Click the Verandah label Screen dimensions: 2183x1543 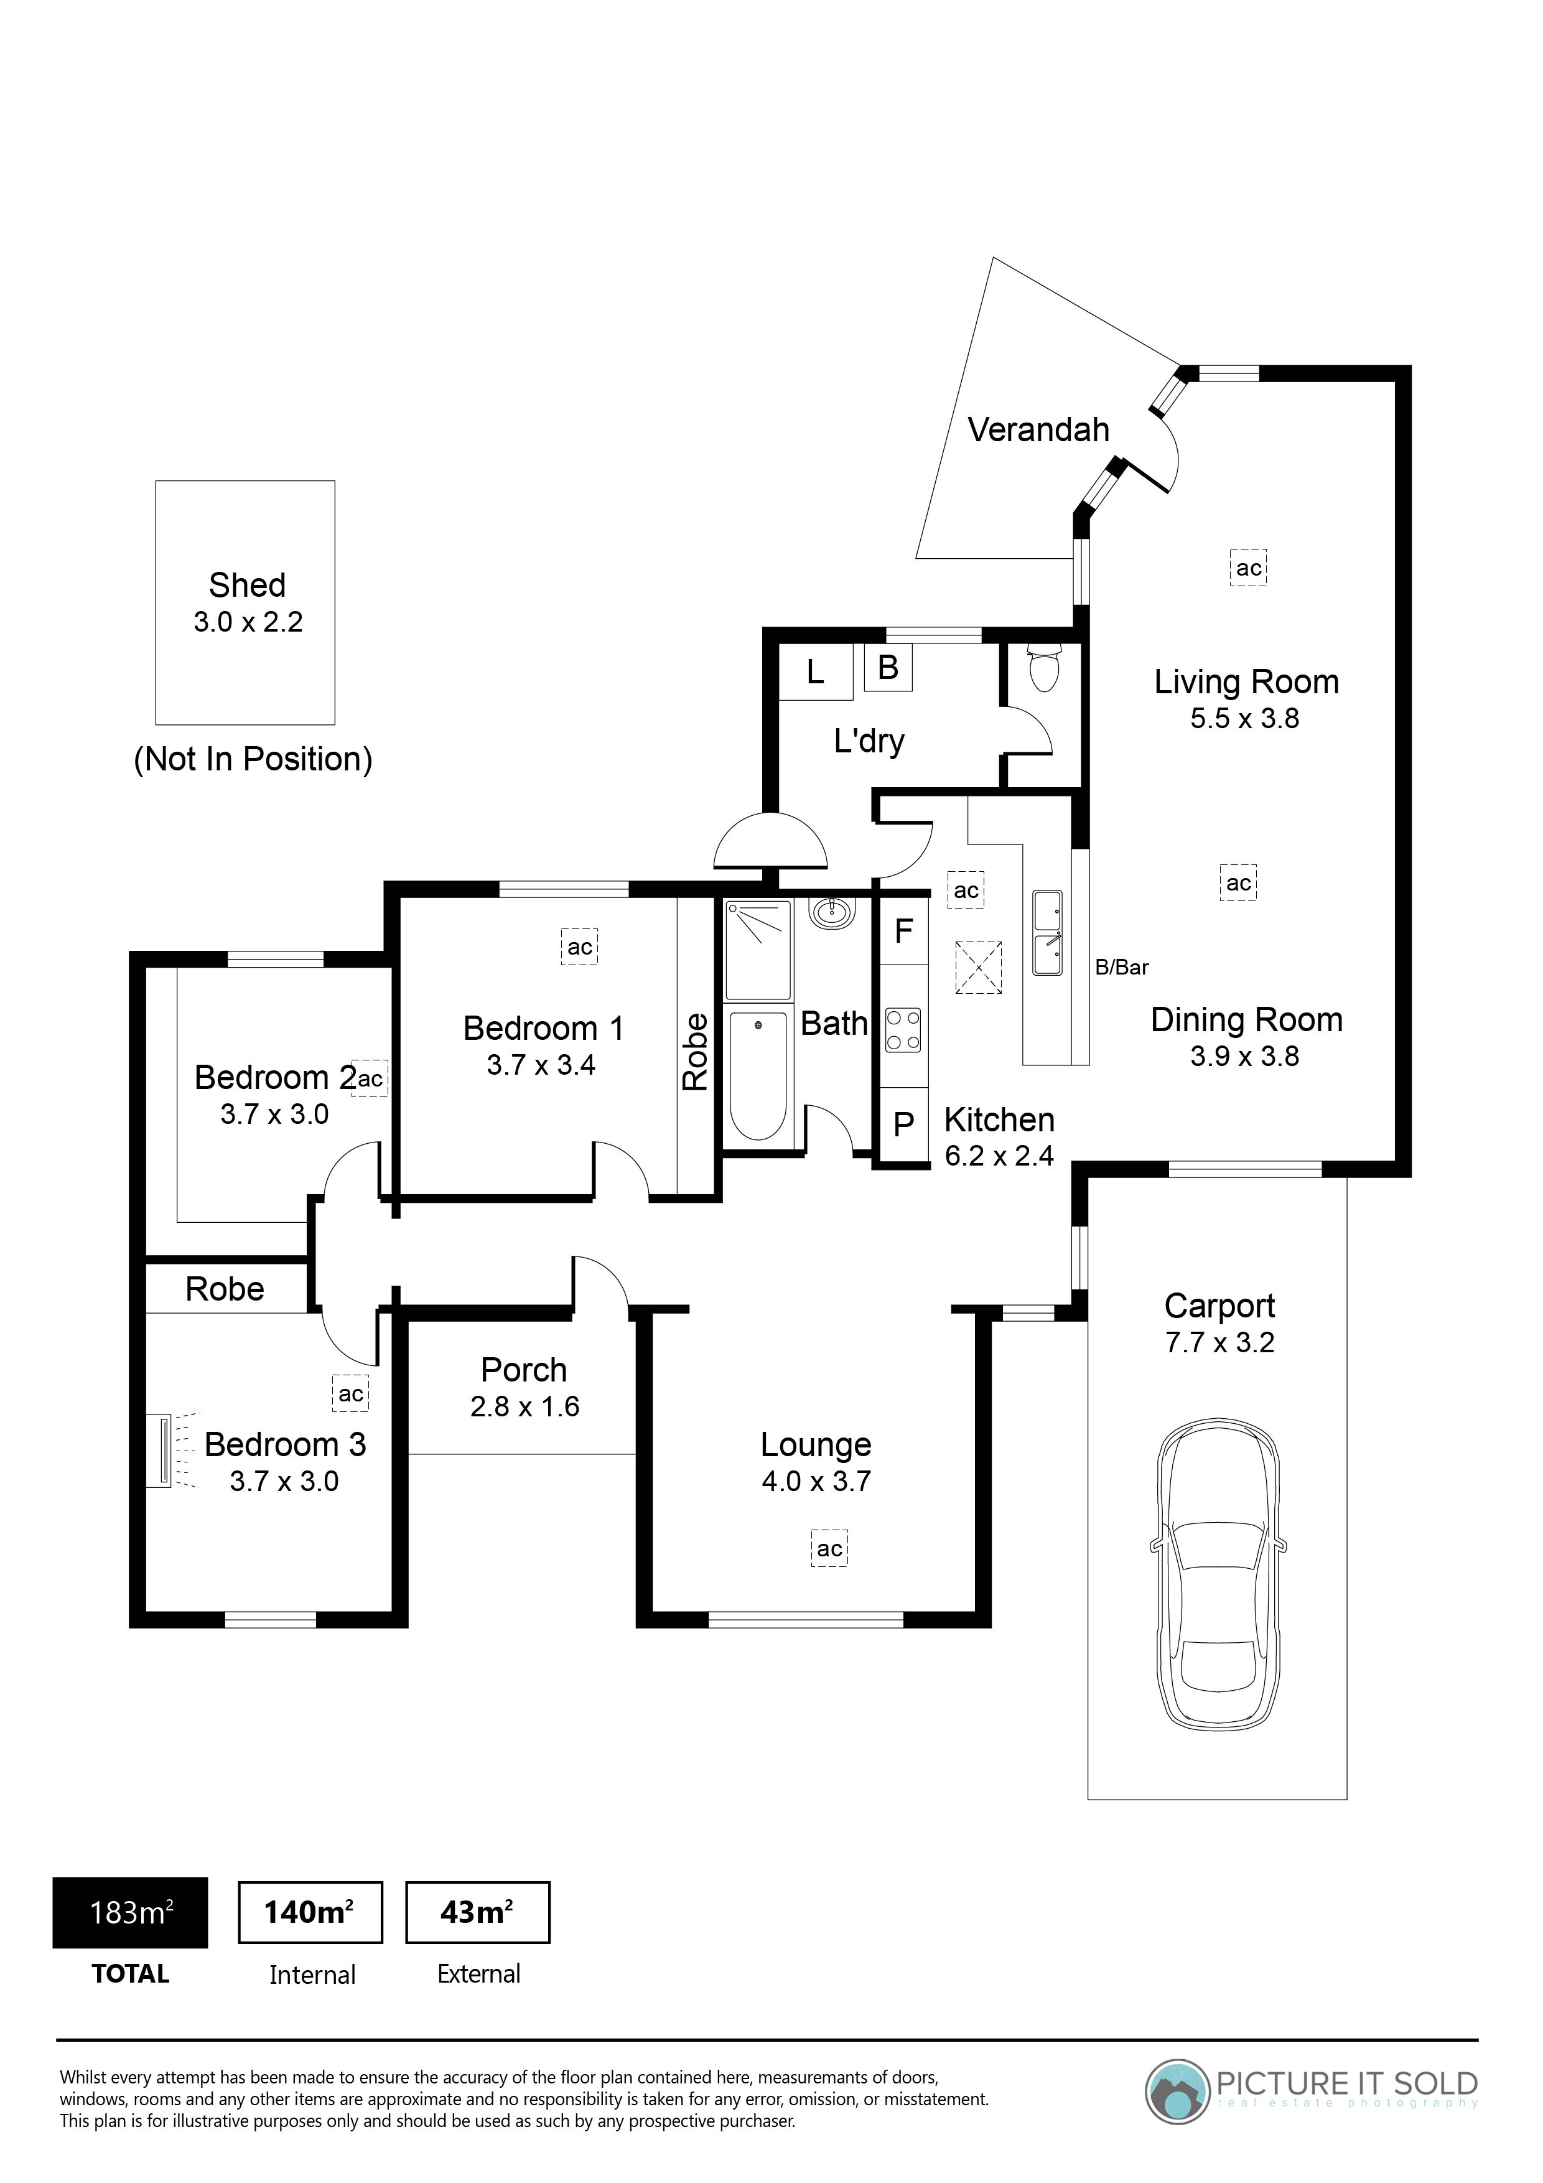tap(1038, 430)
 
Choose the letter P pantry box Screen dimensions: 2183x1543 tap(903, 1124)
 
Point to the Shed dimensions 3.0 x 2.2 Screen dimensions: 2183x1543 tap(248, 622)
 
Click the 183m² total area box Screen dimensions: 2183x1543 tap(130, 1913)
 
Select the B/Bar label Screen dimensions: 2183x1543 tap(1122, 968)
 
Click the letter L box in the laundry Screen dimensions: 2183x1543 tap(815, 672)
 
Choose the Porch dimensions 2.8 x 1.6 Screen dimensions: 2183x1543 tap(524, 1406)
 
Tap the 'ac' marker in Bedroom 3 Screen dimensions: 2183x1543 tap(351, 1394)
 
